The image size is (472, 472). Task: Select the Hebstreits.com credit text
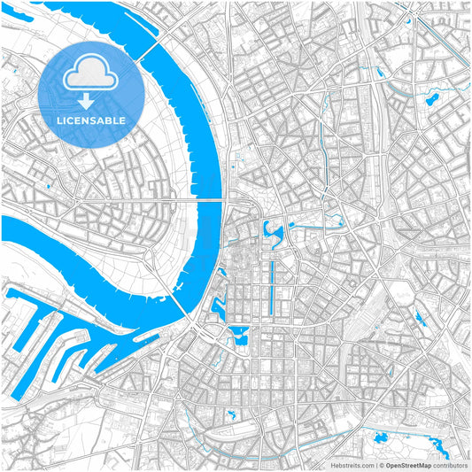(352, 465)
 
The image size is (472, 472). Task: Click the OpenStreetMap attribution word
(407, 465)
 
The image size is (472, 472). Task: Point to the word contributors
(450, 465)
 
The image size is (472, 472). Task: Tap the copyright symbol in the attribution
(380, 465)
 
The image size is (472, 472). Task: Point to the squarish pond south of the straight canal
(239, 336)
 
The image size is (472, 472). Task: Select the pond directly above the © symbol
(382, 436)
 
